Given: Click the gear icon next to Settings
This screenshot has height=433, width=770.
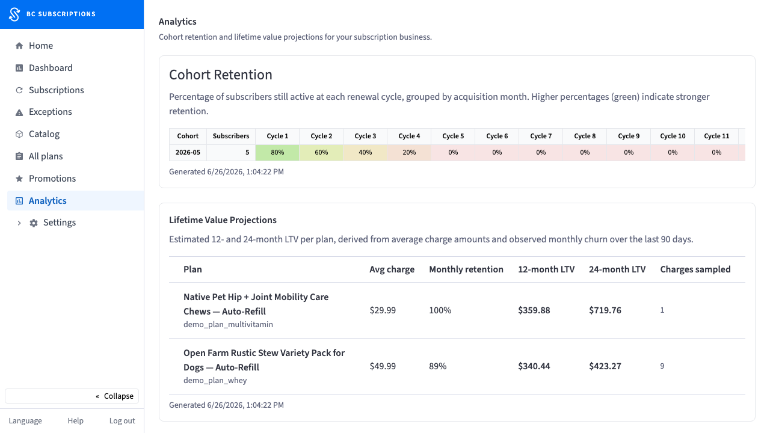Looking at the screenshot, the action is (33, 223).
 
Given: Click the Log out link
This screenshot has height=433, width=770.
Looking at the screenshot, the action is (122, 420).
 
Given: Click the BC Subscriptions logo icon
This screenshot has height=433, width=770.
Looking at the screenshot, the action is (14, 14).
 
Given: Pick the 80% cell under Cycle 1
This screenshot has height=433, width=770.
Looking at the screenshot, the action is (277, 152).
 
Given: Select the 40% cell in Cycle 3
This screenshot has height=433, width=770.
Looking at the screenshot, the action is (365, 152).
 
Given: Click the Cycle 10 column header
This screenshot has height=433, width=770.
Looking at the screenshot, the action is (673, 136).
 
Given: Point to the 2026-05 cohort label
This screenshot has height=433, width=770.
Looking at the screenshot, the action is (188, 152).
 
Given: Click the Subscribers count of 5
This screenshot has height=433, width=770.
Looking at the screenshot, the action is (247, 152).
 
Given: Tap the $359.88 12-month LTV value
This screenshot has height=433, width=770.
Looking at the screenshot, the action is (534, 310).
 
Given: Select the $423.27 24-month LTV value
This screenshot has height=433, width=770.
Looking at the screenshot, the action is (605, 366).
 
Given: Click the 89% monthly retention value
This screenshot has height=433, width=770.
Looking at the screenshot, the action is (437, 366).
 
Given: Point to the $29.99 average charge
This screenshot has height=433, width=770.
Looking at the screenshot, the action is (383, 310).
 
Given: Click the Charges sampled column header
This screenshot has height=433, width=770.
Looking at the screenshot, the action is (695, 269).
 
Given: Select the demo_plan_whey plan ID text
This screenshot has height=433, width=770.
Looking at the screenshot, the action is (215, 381).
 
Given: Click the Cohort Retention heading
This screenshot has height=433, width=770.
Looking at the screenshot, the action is (221, 75).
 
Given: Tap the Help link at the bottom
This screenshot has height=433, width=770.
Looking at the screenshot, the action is (75, 420).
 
